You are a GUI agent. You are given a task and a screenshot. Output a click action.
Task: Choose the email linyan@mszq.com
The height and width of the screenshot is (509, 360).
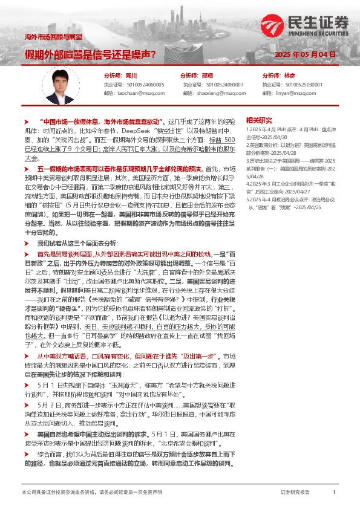tap(293, 94)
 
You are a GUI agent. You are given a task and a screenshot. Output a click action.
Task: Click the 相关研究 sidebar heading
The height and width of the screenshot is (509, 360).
tap(260, 120)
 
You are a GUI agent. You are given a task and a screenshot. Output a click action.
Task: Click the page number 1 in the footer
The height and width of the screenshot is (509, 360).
tap(334, 493)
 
